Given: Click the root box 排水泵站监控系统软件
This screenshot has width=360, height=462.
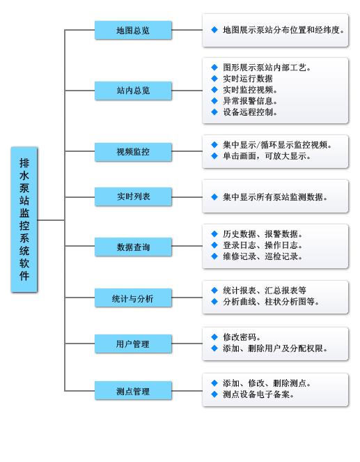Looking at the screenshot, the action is click(24, 220).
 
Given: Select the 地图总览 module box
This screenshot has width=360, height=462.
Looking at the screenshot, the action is click(133, 30).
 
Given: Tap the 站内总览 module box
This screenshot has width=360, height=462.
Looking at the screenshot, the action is click(133, 91).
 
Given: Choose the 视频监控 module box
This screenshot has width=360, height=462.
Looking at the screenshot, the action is click(133, 152).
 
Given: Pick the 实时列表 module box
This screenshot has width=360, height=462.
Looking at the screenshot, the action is click(133, 197).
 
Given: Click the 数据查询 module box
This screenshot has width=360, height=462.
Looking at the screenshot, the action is click(133, 247).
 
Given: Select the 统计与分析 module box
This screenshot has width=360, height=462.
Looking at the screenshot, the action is click(133, 298).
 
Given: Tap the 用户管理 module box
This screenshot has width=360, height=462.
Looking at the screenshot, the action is click(133, 344).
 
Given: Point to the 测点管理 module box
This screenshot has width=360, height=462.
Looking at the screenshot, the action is click(133, 391).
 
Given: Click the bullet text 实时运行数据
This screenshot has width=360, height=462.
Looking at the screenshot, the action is click(248, 79).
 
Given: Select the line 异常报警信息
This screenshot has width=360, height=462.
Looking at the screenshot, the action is click(250, 101).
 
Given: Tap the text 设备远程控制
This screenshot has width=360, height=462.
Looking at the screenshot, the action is click(250, 112).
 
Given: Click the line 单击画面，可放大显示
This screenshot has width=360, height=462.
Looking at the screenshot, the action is click(267, 156).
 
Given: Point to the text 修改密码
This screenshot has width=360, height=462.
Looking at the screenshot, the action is click(242, 337).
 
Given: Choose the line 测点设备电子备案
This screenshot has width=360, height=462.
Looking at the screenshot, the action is click(258, 394).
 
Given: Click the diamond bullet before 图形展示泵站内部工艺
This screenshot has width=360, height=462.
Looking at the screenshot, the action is click(214, 68).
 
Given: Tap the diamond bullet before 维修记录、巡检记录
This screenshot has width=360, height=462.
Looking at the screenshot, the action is click(214, 256).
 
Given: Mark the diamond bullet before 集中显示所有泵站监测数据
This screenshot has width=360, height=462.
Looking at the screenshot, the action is click(214, 197).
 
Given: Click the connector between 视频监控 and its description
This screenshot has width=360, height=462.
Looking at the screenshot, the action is click(187, 151).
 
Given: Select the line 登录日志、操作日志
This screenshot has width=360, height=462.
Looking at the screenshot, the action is click(263, 245).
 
